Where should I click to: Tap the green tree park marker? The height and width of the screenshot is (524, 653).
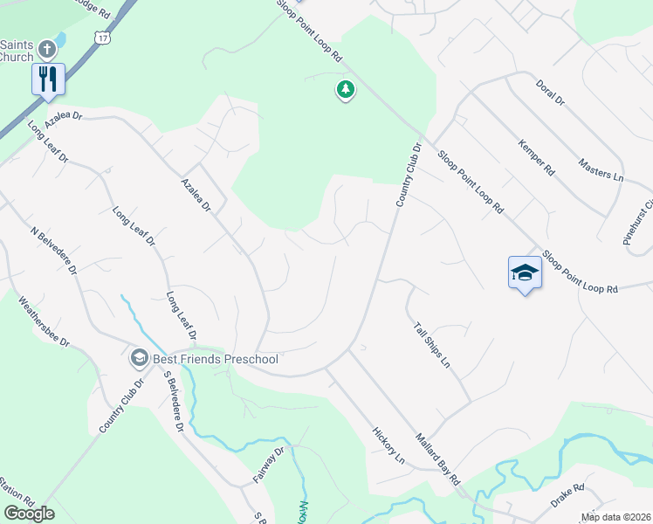pos(346,89)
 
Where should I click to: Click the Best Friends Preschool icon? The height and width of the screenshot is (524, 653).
pos(139,358)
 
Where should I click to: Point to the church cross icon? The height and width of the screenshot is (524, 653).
pos(47,49)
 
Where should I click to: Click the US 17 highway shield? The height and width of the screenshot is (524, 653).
pos(103,38)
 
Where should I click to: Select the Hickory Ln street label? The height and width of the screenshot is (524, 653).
pos(388,445)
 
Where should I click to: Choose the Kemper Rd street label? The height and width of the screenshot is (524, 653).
pos(535,156)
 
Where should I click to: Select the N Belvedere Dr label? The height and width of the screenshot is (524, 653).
pos(55,250)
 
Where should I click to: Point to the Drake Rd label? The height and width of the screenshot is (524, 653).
pos(567,498)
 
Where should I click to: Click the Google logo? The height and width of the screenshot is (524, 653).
pos(29,513)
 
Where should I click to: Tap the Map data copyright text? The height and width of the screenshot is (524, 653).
pos(615,517)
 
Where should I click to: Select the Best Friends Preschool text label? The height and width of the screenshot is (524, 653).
pos(215,359)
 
